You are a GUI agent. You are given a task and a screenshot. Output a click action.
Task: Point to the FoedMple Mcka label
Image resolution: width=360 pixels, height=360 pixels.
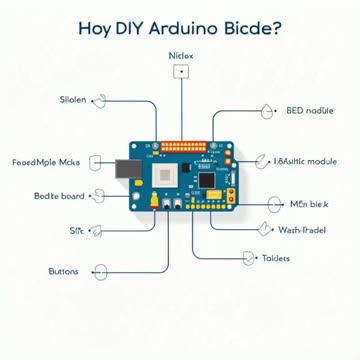point(45,159)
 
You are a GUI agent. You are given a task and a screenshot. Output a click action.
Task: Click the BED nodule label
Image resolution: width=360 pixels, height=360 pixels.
point(310,110)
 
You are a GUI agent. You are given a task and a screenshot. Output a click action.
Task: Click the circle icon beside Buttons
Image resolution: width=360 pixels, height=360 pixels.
point(98,270)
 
